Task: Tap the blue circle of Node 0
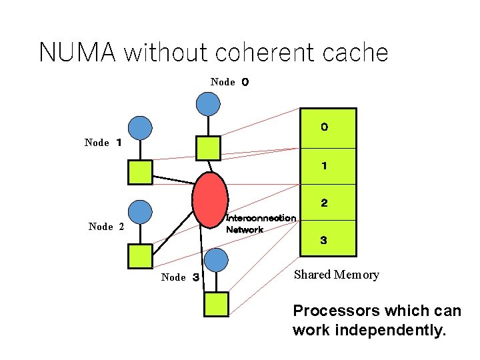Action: click(x=208, y=103)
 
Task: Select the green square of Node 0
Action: click(x=208, y=148)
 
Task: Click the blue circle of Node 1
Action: click(x=140, y=127)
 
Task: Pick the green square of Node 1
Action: click(x=140, y=172)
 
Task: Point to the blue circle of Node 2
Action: click(x=140, y=212)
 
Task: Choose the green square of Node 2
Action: click(x=140, y=256)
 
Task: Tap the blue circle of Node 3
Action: click(x=216, y=260)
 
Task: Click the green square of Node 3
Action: click(x=216, y=304)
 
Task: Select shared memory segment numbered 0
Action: click(x=328, y=128)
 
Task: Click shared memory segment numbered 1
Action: click(x=328, y=166)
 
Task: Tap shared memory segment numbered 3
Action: click(x=328, y=239)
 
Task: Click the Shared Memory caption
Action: click(x=337, y=275)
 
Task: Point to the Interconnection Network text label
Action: click(x=260, y=224)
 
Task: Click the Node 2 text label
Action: click(x=106, y=227)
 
